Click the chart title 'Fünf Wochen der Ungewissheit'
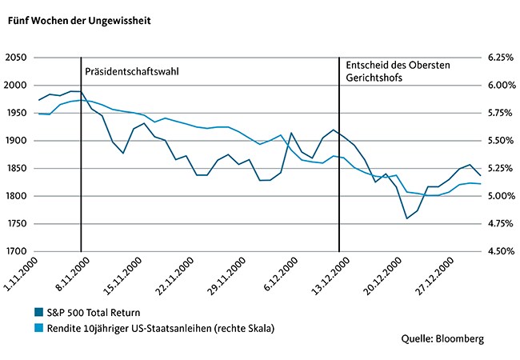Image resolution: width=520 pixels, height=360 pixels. pyautogui.click(x=79, y=21)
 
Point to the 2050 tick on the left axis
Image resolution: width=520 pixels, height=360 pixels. pyautogui.click(x=16, y=58)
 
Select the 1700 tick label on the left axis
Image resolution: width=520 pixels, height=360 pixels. pyautogui.click(x=16, y=251)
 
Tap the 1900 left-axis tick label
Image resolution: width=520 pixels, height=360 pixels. pyautogui.click(x=16, y=141)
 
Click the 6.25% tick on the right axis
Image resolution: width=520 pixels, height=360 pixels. pyautogui.click(x=501, y=58)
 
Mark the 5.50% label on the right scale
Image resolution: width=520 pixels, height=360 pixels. pyautogui.click(x=501, y=141)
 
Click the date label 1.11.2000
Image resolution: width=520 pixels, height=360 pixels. pyautogui.click(x=22, y=274)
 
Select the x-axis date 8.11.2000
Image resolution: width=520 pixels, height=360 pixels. pyautogui.click(x=73, y=274)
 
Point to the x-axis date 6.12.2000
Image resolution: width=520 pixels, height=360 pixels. pyautogui.click(x=282, y=274)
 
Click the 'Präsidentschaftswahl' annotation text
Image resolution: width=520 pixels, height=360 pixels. pyautogui.click(x=132, y=72)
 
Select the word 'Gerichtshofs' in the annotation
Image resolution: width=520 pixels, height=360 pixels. pyautogui.click(x=374, y=78)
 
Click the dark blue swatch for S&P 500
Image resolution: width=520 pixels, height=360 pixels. pyautogui.click(x=39, y=312)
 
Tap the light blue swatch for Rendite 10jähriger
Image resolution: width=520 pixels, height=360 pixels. pyautogui.click(x=39, y=328)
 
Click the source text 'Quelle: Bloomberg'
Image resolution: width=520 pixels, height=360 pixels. pyautogui.click(x=442, y=338)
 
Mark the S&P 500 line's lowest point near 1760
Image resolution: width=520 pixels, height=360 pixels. pyautogui.click(x=407, y=218)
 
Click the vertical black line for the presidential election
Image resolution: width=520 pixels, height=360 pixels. pyautogui.click(x=81, y=154)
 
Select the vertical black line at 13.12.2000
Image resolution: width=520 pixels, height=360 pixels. pyautogui.click(x=339, y=154)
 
